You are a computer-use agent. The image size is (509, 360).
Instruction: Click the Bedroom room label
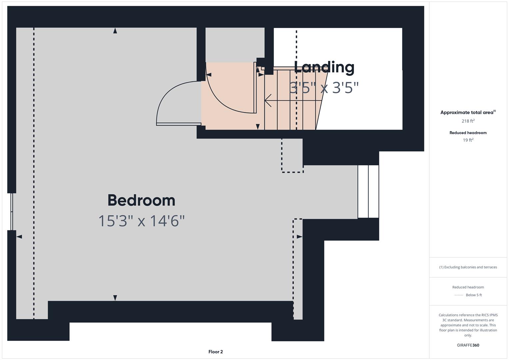[x=141, y=200]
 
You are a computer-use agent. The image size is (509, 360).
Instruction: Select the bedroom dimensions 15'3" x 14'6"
[x=141, y=221]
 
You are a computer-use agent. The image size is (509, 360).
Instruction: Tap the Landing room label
[x=324, y=67]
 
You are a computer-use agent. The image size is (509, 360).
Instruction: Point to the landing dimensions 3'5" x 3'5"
[x=324, y=88]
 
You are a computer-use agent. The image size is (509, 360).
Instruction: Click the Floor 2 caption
[x=215, y=352]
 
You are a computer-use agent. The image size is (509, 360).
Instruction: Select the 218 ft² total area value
[x=468, y=121]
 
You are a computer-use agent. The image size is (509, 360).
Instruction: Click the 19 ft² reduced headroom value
[x=468, y=140]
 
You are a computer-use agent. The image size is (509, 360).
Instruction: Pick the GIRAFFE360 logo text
[x=468, y=345]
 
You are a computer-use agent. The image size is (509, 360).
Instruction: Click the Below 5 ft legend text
[x=474, y=295]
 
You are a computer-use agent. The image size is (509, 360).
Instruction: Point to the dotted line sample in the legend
[x=459, y=295]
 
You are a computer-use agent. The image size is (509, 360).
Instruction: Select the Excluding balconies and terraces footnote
[x=468, y=267]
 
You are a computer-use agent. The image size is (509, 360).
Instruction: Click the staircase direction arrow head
[x=267, y=100]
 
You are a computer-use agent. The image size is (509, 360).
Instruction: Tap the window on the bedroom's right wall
[x=368, y=192]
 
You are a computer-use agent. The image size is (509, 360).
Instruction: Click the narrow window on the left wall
[x=12, y=212]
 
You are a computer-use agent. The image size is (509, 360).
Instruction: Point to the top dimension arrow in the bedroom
[x=115, y=31]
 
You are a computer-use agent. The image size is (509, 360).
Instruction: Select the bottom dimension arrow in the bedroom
[x=115, y=297]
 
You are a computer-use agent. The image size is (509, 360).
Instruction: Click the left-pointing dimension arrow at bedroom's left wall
[x=19, y=237]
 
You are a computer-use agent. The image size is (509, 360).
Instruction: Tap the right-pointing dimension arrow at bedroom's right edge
[x=299, y=237]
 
